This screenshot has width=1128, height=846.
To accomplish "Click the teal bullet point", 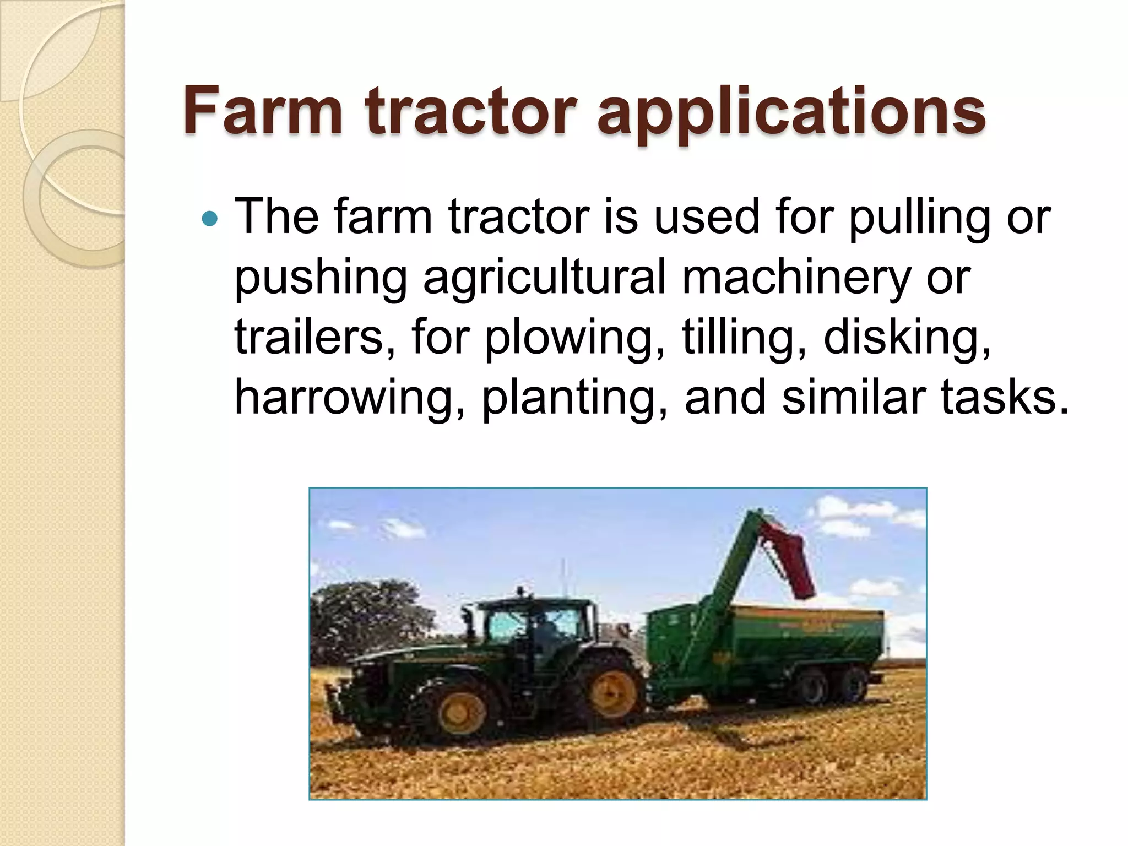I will tap(210, 219).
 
